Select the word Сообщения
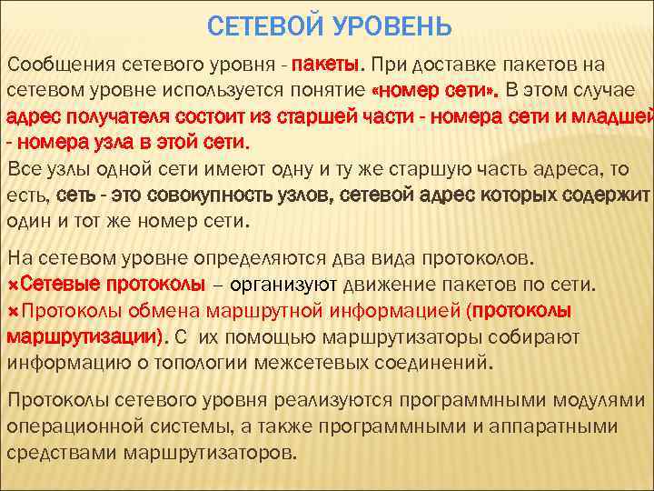coord(52,65)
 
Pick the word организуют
coord(283,285)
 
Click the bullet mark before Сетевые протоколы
coord(13,285)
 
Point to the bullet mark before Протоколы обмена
coord(13,311)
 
